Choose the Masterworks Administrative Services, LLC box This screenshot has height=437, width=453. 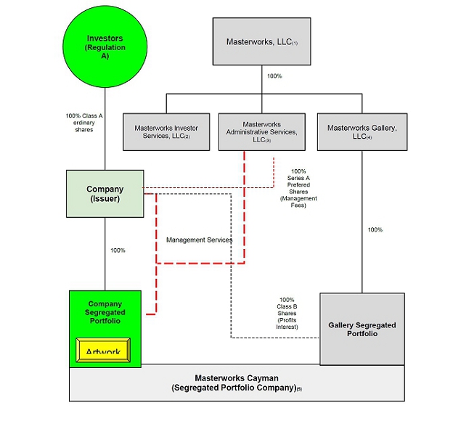click(262, 131)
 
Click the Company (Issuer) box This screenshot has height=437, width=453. click(105, 194)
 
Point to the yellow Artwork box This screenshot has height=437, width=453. click(102, 351)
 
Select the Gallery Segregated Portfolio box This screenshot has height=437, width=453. click(362, 329)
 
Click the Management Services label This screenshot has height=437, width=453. click(199, 240)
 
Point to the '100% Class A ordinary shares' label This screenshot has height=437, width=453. click(84, 123)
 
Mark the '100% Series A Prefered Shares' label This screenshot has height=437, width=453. click(298, 188)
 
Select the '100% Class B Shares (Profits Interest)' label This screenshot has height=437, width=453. click(287, 313)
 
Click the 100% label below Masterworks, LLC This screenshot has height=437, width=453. click(274, 76)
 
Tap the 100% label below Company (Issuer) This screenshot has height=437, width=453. click(118, 250)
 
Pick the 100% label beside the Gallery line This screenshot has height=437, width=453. click(375, 229)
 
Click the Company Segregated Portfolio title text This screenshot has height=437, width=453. click(105, 312)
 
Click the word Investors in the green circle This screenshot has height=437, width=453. click(105, 38)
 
